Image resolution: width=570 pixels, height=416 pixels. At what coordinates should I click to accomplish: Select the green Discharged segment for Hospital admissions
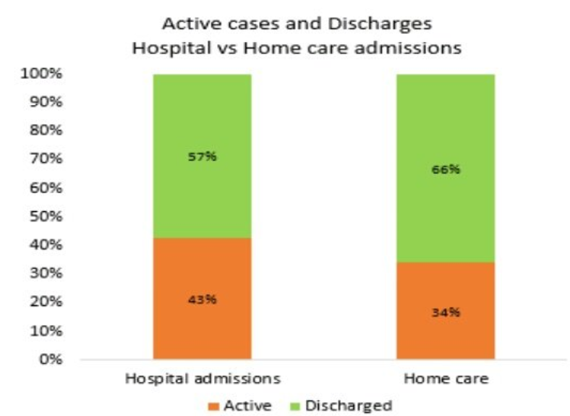click(202, 188)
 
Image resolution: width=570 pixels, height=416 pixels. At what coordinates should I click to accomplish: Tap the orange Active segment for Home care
click(445, 333)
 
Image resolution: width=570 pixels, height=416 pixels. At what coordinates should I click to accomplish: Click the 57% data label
click(202, 156)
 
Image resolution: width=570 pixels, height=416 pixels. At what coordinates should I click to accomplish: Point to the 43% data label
click(202, 300)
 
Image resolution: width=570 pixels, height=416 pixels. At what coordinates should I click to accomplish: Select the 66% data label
click(445, 169)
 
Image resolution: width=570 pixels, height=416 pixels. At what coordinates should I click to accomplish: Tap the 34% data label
click(445, 313)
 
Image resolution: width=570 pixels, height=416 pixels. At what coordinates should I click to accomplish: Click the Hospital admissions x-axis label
click(202, 378)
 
